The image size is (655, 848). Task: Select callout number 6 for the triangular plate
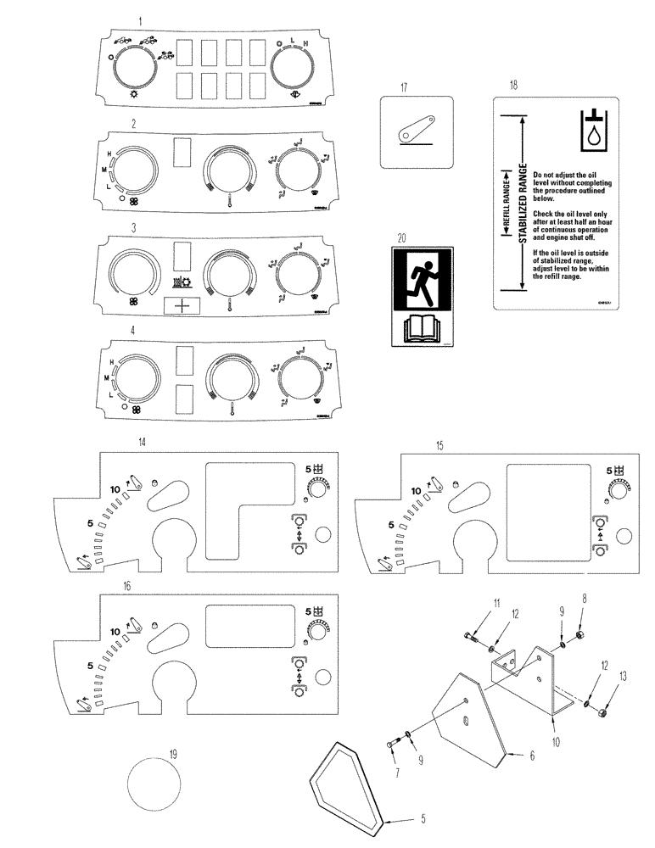click(532, 755)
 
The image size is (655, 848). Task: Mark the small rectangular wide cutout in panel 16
click(238, 627)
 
